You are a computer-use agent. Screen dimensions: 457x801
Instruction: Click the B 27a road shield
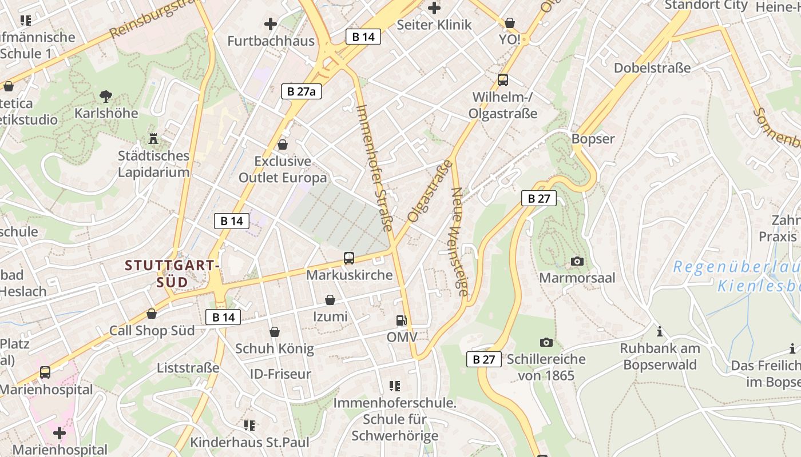(x=302, y=91)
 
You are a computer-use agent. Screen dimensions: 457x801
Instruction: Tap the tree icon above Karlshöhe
(x=105, y=96)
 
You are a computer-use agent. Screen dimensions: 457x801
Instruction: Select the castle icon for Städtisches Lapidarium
(x=153, y=138)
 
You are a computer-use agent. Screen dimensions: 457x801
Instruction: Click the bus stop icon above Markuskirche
(x=349, y=258)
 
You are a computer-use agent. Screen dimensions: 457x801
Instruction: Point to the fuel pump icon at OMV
(x=402, y=320)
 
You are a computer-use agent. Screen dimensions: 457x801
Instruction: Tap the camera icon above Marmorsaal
(x=577, y=261)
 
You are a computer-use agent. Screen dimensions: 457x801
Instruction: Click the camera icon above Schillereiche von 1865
(x=546, y=342)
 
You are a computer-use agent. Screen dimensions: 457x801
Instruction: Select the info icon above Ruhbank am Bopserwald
(x=660, y=331)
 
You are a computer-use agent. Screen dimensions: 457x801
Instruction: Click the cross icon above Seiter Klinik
(x=434, y=8)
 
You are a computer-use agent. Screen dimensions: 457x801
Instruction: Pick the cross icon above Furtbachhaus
(x=271, y=24)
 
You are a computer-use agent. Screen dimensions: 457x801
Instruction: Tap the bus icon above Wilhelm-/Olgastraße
(x=503, y=80)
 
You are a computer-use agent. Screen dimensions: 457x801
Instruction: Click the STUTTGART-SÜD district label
(x=172, y=274)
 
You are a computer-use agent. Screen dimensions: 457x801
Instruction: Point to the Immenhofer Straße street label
(x=374, y=167)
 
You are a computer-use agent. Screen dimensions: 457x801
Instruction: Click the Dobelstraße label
(x=652, y=68)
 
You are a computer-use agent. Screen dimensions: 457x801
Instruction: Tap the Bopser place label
(x=593, y=139)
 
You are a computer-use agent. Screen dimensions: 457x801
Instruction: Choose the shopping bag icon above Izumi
(x=330, y=300)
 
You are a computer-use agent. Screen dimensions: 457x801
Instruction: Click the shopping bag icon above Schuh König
(x=275, y=332)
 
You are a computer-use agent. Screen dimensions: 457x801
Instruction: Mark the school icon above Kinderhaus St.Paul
(x=249, y=426)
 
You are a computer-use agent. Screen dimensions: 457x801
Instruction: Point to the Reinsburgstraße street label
(x=154, y=21)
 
